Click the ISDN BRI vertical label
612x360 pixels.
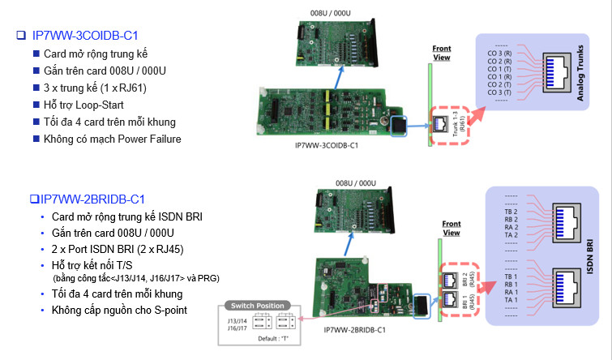[x=586, y=256]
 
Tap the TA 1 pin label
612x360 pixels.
[x=510, y=300]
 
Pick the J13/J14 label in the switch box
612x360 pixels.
[x=238, y=319]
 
